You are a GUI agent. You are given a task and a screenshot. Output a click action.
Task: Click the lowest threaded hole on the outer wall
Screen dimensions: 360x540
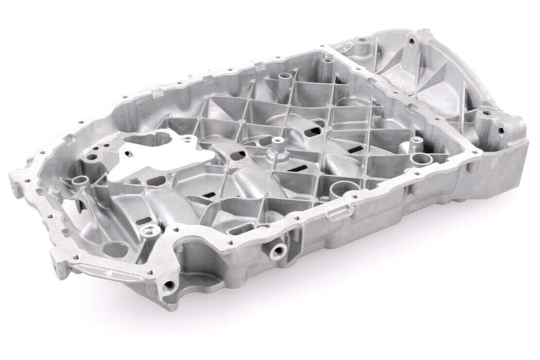point(169,285)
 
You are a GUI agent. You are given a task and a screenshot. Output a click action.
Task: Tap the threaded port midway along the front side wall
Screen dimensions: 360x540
point(276,248)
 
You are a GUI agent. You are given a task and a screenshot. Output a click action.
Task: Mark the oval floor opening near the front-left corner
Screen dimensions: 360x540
point(115,247)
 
